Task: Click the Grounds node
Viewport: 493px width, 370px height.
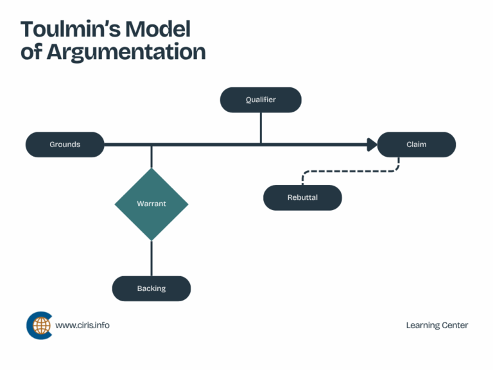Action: pyautogui.click(x=65, y=145)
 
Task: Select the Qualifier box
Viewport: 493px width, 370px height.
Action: pyautogui.click(x=261, y=100)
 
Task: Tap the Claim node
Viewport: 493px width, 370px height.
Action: pyautogui.click(x=416, y=145)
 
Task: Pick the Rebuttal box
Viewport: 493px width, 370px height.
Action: pyautogui.click(x=302, y=197)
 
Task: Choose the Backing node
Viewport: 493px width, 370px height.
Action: pyautogui.click(x=151, y=288)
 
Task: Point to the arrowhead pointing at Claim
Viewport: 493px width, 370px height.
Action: pyautogui.click(x=372, y=145)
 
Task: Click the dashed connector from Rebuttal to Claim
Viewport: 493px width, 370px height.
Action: pyautogui.click(x=350, y=172)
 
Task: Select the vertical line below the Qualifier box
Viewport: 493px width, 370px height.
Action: pyautogui.click(x=261, y=127)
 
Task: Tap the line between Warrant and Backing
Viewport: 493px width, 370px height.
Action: pyautogui.click(x=151, y=258)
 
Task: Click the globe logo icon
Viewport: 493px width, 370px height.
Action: pyautogui.click(x=39, y=325)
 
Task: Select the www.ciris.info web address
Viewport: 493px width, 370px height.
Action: pyautogui.click(x=82, y=325)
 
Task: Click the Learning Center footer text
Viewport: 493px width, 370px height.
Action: pyautogui.click(x=437, y=325)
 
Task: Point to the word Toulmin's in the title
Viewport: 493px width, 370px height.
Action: pyautogui.click(x=69, y=30)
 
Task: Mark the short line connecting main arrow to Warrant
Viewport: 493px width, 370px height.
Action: pyautogui.click(x=151, y=157)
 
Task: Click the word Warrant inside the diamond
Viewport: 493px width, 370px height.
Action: pyautogui.click(x=151, y=204)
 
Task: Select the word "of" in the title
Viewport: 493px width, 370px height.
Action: pyautogui.click(x=30, y=52)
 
